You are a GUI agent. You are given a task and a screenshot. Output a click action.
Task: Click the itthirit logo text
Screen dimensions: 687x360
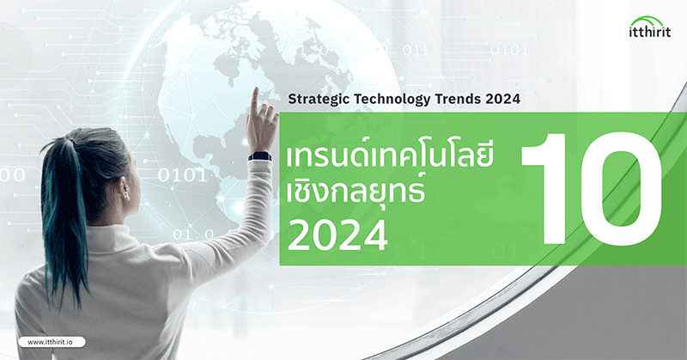tap(650, 32)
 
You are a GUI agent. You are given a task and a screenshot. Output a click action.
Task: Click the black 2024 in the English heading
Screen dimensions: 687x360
tap(502, 99)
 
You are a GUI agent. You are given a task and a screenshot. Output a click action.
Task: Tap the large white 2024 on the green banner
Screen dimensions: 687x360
tap(337, 235)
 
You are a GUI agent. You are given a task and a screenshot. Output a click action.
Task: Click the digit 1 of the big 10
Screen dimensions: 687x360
tap(544, 188)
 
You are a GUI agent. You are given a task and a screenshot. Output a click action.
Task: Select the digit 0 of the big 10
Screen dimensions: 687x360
tap(620, 188)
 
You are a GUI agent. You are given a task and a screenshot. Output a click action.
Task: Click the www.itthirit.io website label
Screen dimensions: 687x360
tap(52, 342)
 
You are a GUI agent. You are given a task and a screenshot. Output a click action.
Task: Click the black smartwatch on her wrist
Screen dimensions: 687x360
tap(259, 156)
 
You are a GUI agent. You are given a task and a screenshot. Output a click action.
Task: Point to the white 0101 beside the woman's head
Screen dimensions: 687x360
tap(181, 175)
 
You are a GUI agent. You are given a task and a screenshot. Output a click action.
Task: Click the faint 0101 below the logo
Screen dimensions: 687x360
tap(508, 50)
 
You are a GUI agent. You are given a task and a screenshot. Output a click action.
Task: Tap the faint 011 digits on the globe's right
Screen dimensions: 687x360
tap(415, 50)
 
